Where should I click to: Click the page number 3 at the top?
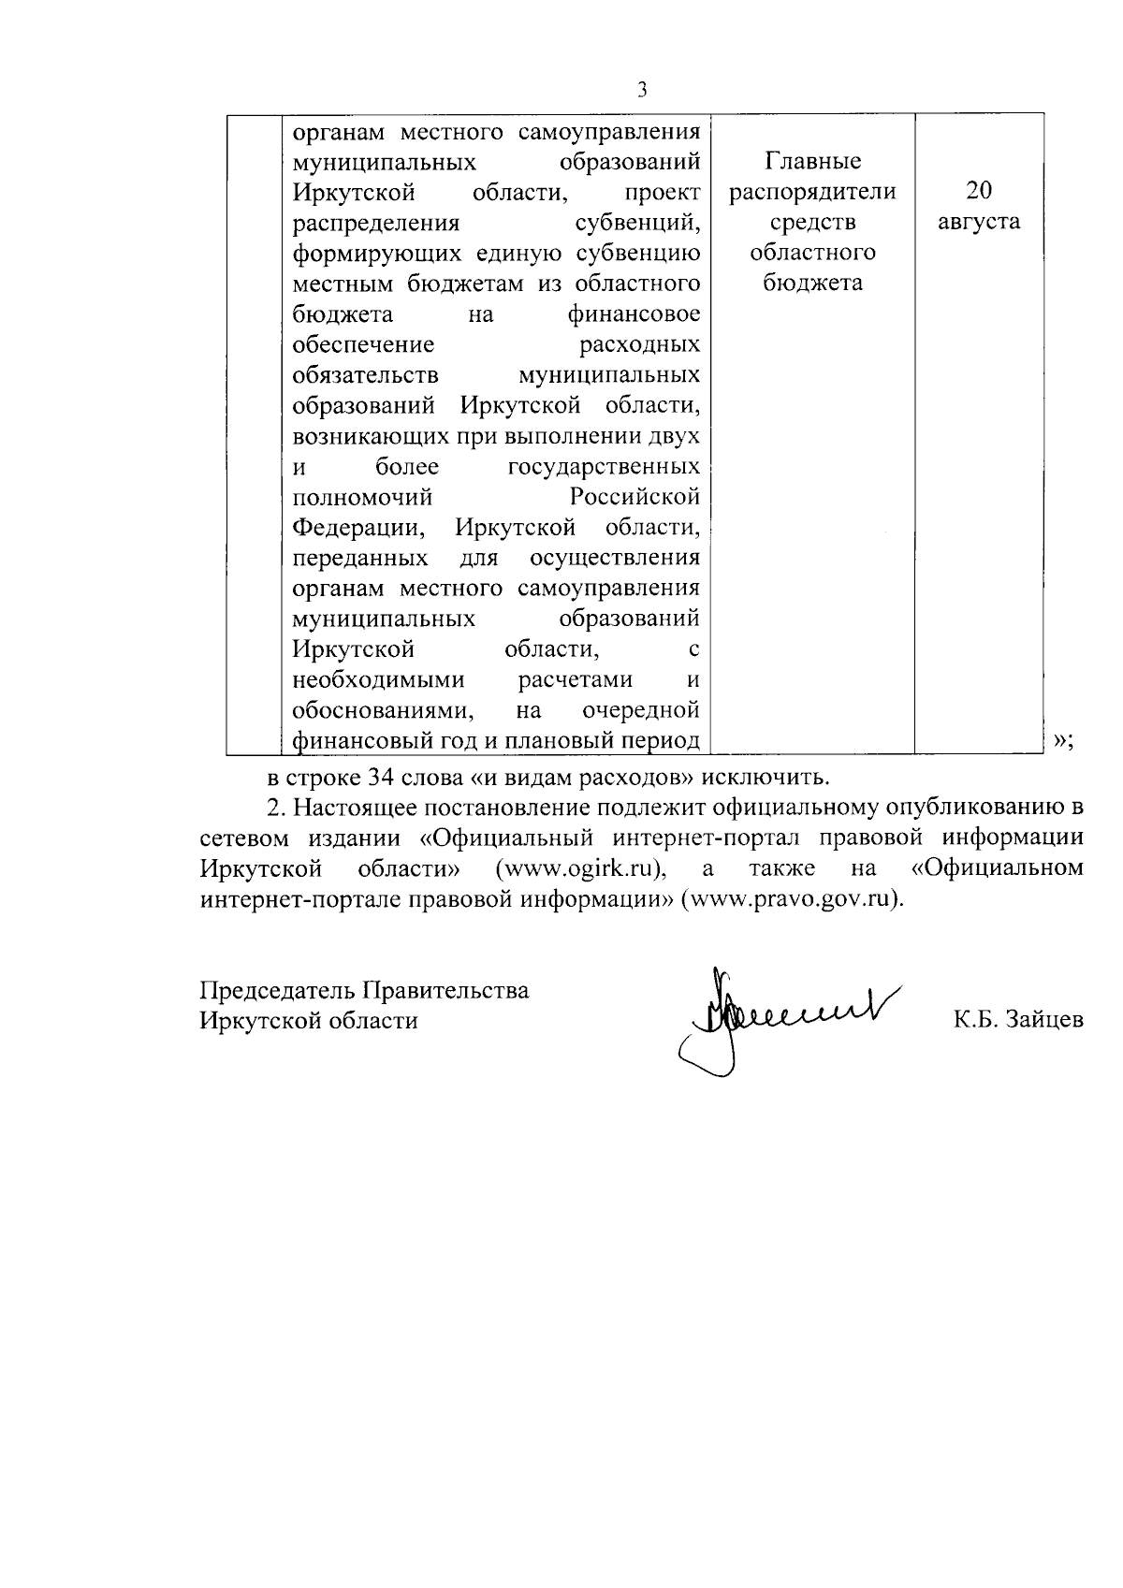(x=642, y=90)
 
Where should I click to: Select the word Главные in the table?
(x=812, y=161)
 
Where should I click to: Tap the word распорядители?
(x=812, y=192)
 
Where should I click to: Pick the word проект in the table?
(x=663, y=192)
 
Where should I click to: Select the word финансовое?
(x=634, y=313)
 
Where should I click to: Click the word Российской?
(x=635, y=496)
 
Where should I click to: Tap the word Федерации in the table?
(x=357, y=527)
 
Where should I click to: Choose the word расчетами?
(x=576, y=679)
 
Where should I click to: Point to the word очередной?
(x=641, y=710)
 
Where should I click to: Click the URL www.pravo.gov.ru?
(x=794, y=898)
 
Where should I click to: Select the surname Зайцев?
(x=1042, y=1020)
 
